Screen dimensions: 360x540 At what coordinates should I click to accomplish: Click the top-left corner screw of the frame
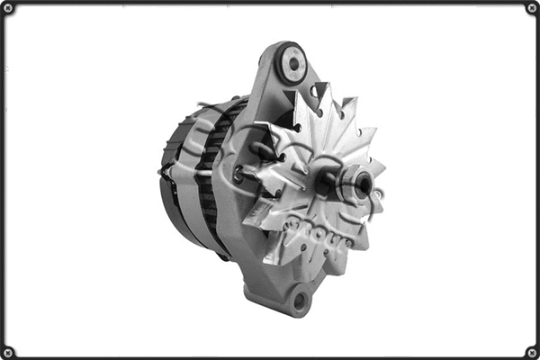click(8, 8)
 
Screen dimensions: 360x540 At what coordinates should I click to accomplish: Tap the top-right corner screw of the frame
click(532, 8)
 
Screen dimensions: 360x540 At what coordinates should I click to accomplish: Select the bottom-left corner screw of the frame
click(8, 352)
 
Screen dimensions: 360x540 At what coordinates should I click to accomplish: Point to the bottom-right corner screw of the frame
click(532, 352)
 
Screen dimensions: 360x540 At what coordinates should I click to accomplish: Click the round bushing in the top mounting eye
click(291, 63)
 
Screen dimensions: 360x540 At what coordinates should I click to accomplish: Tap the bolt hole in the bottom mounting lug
click(299, 300)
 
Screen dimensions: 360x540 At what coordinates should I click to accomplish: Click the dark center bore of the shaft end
click(363, 186)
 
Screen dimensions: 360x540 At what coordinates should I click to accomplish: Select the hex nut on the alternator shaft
click(358, 186)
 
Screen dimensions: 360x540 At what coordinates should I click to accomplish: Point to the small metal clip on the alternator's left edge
click(164, 170)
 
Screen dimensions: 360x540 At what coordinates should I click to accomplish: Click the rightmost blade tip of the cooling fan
click(384, 166)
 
